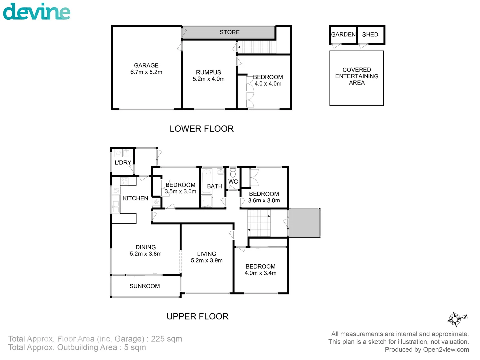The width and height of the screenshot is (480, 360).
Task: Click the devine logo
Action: point(37,12)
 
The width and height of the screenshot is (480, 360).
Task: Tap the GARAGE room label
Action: point(146,66)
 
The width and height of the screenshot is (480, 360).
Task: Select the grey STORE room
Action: point(229,32)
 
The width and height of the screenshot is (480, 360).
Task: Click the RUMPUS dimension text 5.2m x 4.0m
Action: point(208,79)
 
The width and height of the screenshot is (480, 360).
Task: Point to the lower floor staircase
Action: point(257,47)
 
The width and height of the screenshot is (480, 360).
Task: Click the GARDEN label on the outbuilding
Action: point(343,34)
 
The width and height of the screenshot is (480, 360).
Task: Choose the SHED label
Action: point(370,34)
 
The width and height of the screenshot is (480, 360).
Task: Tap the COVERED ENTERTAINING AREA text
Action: point(357,76)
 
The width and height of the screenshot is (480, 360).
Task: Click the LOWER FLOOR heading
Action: point(201,129)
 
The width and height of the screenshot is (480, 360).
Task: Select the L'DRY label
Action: point(123,163)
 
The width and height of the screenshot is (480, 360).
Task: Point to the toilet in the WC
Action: point(233,174)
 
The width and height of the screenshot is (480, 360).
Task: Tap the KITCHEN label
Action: point(135,198)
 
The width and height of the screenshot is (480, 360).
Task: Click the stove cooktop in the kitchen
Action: point(124,181)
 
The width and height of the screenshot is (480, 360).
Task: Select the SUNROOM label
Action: point(145,286)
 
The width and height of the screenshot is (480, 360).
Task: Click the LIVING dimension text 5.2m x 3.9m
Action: point(207,260)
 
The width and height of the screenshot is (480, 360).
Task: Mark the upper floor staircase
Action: point(259,223)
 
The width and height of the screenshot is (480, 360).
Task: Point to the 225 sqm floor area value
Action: point(166,339)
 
